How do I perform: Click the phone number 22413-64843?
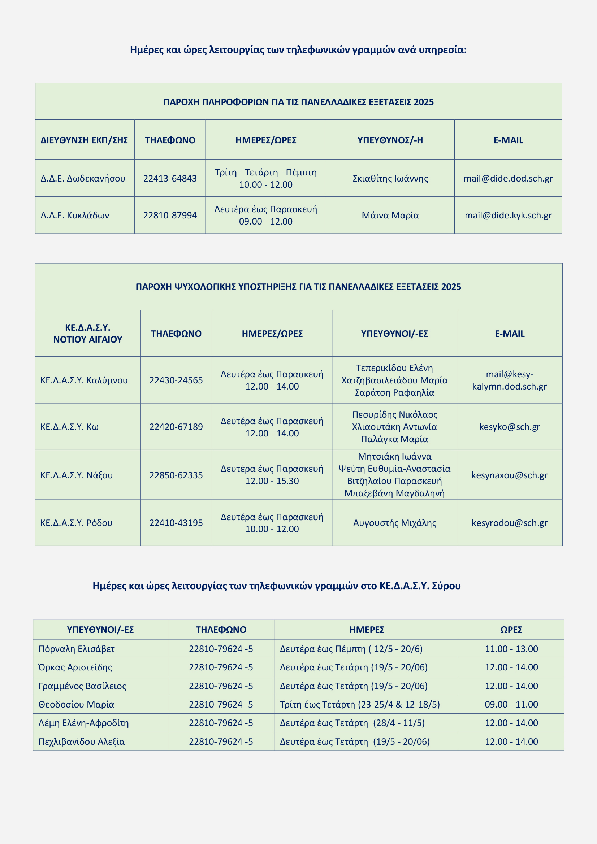coord(170,179)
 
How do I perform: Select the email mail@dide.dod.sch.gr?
coord(508,179)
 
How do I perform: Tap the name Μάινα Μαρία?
coord(390,216)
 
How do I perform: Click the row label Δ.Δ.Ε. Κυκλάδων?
coord(75,216)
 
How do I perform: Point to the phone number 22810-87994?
coord(170,216)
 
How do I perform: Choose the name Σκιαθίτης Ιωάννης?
coord(390,179)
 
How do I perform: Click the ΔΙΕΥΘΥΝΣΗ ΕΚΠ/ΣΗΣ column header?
coord(84,140)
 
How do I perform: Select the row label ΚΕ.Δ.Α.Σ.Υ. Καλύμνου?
coord(84,380)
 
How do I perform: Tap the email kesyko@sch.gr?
coord(510,427)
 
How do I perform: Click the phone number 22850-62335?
coord(176,475)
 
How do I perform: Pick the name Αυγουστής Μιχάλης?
coord(394,523)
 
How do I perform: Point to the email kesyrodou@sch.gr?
coord(510,523)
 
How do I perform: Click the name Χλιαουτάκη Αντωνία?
coord(394,427)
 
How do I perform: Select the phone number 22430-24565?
coord(176,380)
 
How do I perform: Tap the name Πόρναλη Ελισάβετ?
coord(77,649)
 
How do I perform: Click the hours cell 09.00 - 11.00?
coord(511,704)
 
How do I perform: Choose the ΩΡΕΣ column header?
coord(511,630)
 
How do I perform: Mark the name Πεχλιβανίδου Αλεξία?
coord(82,741)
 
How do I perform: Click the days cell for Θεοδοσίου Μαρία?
coord(360,704)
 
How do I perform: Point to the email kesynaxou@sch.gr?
coord(510,475)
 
